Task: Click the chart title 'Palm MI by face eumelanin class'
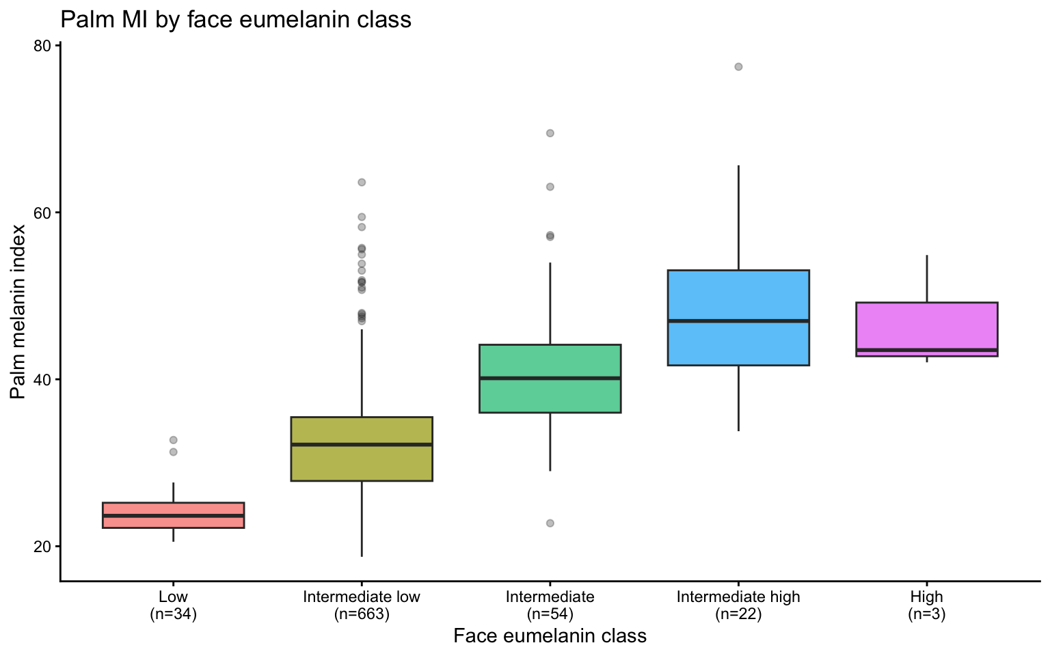point(236,20)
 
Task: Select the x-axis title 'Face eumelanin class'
point(550,636)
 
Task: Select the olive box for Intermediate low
point(362,465)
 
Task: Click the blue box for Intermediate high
point(738,342)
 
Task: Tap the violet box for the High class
point(927,325)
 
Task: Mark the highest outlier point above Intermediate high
point(738,67)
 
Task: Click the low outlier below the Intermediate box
point(550,523)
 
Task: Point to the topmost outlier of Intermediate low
point(362,182)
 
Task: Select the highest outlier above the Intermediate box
point(550,133)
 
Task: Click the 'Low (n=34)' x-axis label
point(173,605)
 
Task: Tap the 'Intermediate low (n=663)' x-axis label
point(362,605)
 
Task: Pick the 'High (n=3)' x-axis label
point(927,605)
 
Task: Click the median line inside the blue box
point(738,320)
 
